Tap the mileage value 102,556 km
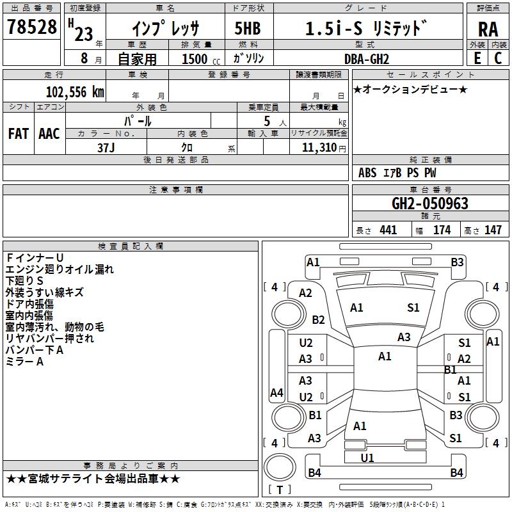[75, 92]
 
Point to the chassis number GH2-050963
[429, 204]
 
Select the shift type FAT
[18, 133]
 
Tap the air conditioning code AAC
[49, 133]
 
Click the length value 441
[388, 230]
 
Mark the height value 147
[493, 230]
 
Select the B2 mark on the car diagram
[318, 319]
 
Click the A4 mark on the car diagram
[276, 392]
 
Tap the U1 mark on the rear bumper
[367, 458]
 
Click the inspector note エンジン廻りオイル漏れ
[60, 269]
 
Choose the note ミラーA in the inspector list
[24, 362]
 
